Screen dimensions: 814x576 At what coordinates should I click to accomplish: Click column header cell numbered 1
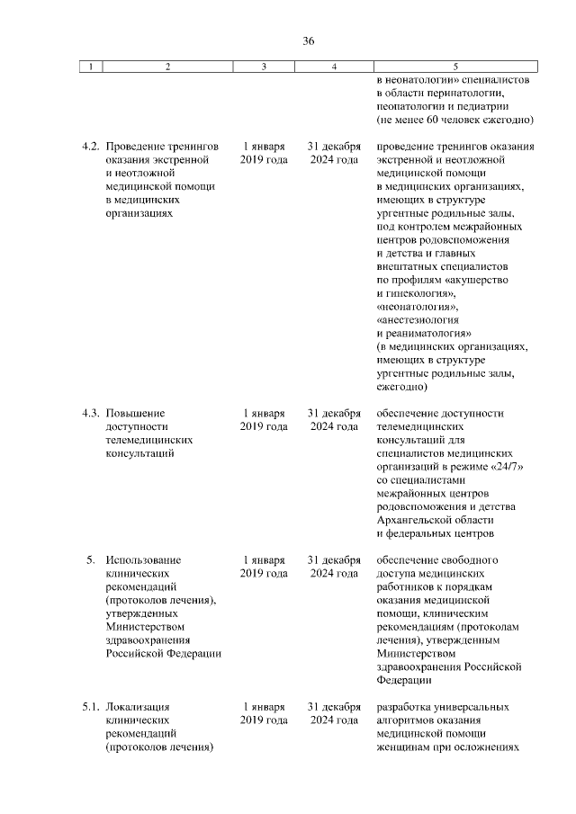click(90, 67)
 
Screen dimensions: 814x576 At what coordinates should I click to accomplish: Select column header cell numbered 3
click(264, 67)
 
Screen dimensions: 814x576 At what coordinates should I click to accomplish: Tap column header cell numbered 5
click(455, 67)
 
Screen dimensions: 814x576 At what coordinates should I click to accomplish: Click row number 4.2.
click(89, 147)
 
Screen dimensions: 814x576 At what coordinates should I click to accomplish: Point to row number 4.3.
click(89, 414)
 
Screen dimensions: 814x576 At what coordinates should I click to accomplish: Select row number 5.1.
click(89, 707)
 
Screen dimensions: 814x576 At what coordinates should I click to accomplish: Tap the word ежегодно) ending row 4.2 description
click(402, 388)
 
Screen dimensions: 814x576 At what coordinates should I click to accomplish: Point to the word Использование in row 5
click(143, 560)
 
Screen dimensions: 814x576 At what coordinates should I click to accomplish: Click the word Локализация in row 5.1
click(138, 707)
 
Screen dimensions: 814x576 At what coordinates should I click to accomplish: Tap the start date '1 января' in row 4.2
click(264, 147)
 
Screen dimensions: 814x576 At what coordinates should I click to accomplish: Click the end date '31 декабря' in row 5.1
click(334, 707)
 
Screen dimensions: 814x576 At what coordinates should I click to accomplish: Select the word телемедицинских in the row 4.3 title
click(149, 441)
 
